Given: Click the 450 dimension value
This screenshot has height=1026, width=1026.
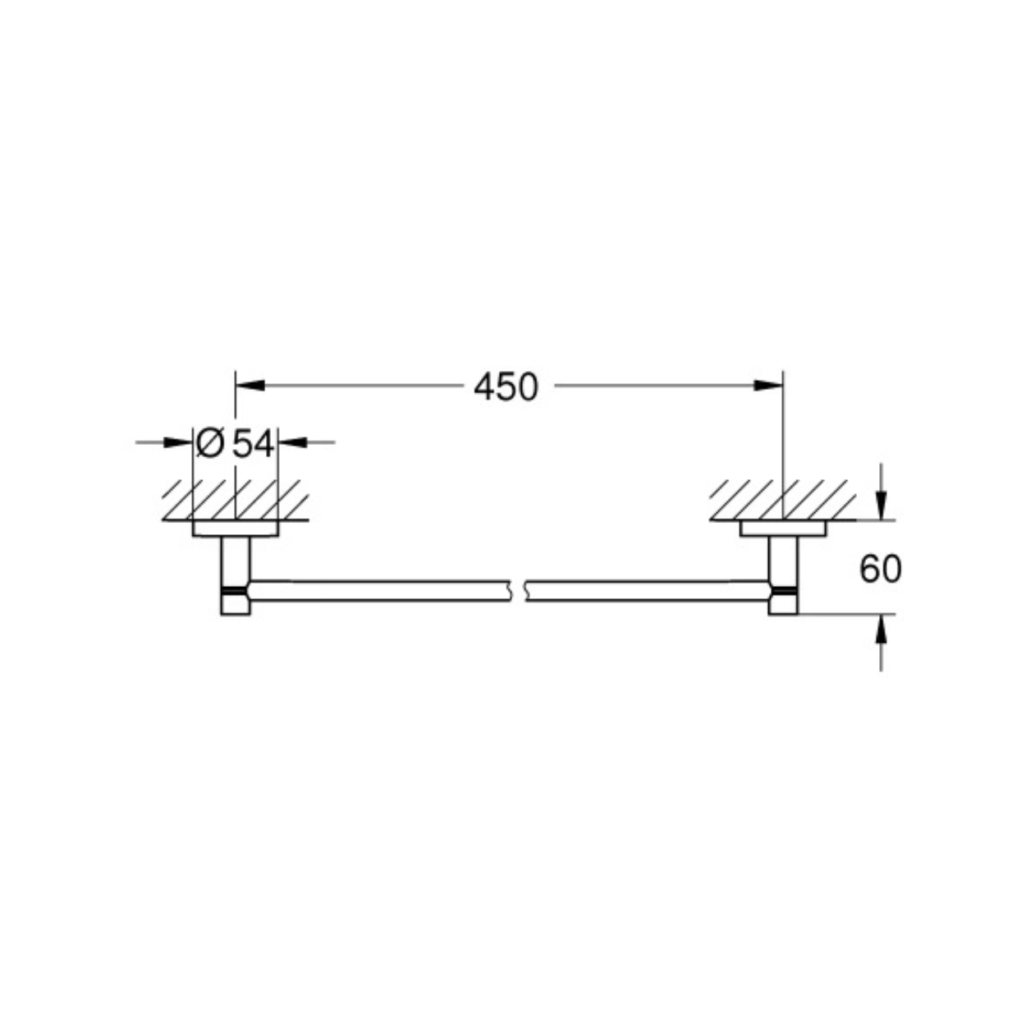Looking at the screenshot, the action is tap(506, 387).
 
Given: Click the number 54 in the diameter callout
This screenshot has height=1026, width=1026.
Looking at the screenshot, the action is tap(254, 443).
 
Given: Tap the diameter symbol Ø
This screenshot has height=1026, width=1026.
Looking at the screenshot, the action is tap(209, 443).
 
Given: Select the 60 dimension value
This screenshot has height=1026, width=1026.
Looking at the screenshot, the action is tap(880, 569).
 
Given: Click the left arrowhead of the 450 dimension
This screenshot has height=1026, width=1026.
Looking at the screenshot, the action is tap(250, 385).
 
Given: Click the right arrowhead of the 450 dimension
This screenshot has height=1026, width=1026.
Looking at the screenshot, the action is tap(768, 385).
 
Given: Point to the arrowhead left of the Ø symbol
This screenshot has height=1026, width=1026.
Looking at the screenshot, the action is tap(178, 442).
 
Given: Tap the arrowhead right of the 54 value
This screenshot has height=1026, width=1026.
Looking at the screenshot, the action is tap(293, 442).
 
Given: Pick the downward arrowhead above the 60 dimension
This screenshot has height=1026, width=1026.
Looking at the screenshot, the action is tap(882, 506).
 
